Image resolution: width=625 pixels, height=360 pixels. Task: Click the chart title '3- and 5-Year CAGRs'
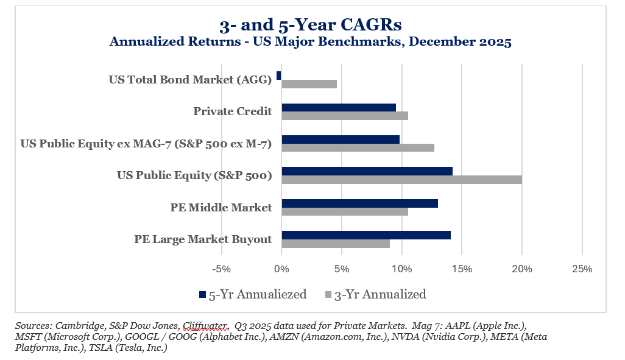click(311, 25)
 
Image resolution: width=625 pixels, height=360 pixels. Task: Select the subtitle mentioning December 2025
click(311, 42)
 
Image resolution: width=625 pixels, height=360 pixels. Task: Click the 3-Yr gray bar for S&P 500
click(401, 179)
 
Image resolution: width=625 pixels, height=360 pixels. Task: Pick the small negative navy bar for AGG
click(279, 76)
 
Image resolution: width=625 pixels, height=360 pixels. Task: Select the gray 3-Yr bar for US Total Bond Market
click(309, 84)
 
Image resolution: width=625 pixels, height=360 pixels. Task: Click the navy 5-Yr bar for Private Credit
click(338, 107)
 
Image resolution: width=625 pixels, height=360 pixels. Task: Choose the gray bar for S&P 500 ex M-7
click(358, 147)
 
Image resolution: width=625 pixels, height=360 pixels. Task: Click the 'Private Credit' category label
click(232, 111)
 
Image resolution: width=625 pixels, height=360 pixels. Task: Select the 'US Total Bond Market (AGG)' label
click(190, 79)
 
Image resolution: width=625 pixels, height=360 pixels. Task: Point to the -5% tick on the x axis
click(221, 269)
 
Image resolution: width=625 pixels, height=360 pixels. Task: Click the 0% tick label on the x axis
click(281, 269)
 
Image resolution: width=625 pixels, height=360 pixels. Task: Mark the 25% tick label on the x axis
click(582, 269)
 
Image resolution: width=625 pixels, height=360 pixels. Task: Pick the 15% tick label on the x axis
click(462, 269)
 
